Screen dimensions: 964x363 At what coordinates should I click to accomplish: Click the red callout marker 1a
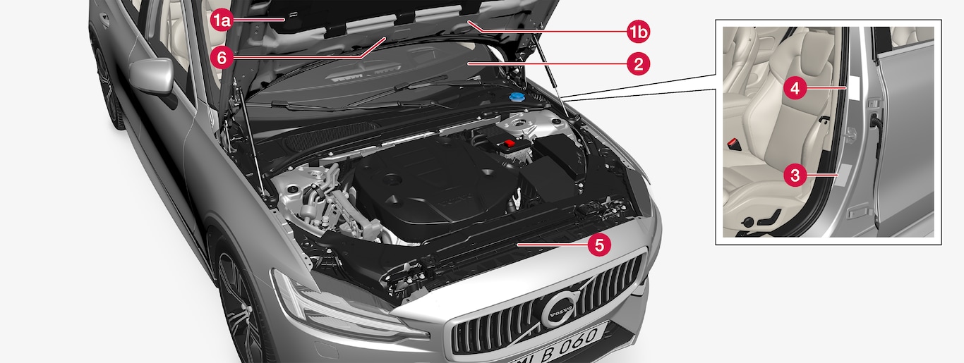pos(222,20)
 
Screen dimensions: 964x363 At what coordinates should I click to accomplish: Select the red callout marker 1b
pos(638,31)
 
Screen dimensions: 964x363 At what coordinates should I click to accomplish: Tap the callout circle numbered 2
pos(638,64)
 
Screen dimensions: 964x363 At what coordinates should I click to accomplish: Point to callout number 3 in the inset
pos(795,175)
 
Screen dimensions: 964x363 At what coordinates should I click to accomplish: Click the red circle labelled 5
pos(599,245)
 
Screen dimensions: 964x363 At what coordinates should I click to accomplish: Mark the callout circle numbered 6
pos(222,57)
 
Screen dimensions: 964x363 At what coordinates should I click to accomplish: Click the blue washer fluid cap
pos(517,97)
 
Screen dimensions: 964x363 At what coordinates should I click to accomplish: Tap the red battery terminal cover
pos(509,143)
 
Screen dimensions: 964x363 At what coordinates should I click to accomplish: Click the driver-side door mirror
pos(152,76)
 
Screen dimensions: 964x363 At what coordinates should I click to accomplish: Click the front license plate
pos(555,346)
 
